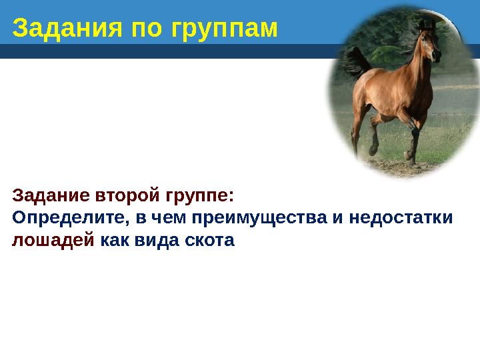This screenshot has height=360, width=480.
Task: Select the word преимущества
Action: pos(256,218)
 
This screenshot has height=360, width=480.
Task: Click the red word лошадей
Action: pos(53,240)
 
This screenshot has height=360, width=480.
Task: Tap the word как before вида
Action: pos(115,240)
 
